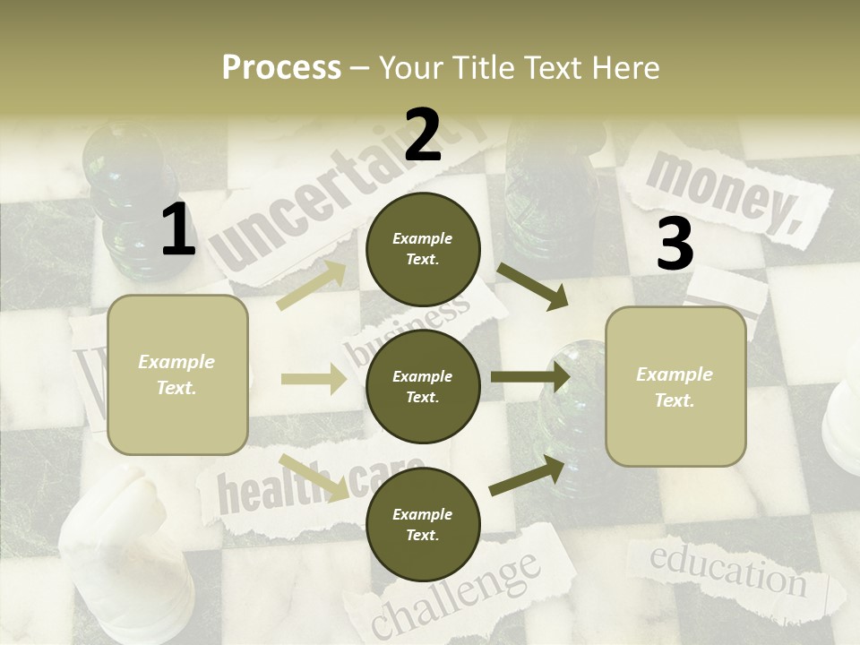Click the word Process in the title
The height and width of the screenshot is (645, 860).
(281, 68)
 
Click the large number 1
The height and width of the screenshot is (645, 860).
(178, 230)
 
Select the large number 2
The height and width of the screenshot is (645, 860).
(423, 136)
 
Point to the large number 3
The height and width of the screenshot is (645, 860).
(675, 245)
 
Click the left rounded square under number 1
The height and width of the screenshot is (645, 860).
(177, 374)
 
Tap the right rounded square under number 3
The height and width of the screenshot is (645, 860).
(675, 387)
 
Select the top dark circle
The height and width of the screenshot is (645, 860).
(423, 249)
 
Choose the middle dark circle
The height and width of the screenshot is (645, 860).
(423, 387)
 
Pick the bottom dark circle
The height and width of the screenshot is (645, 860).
(423, 525)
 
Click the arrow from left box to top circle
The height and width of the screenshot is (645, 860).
(313, 285)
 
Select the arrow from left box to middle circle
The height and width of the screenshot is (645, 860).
(314, 379)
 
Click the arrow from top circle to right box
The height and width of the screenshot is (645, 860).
(533, 285)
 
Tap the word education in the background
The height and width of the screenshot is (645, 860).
(727, 569)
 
